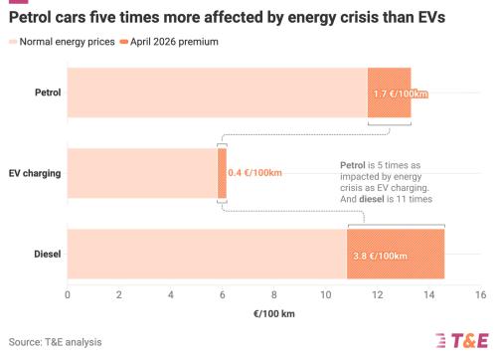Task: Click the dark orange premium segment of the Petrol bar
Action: (x=390, y=92)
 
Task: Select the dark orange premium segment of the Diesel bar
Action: (x=396, y=254)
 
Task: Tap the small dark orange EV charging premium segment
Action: (x=223, y=173)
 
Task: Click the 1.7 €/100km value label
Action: (x=401, y=93)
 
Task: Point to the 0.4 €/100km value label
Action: (x=254, y=173)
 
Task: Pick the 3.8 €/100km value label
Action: (x=380, y=256)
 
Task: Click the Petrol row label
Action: (x=48, y=92)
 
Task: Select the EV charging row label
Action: (x=35, y=173)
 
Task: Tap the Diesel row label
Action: (x=48, y=254)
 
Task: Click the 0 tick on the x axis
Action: (x=68, y=294)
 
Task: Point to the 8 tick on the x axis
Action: (x=274, y=294)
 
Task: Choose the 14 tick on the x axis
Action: (x=429, y=294)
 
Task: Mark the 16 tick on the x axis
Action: (x=481, y=294)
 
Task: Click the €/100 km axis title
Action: (x=274, y=313)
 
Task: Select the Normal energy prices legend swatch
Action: (x=13, y=42)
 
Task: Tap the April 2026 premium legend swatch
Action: (x=124, y=42)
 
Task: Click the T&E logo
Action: (x=462, y=340)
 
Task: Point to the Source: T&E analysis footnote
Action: (x=55, y=342)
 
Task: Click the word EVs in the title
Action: (x=431, y=17)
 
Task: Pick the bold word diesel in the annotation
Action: (x=372, y=199)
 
